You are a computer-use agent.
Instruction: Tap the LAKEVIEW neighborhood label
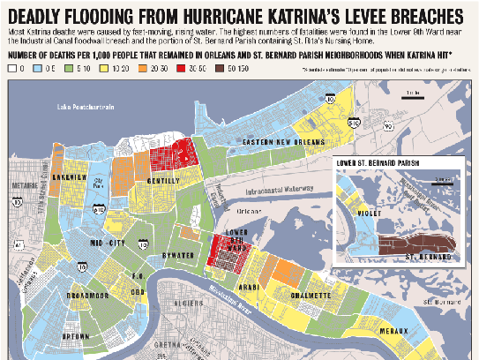pos(68,176)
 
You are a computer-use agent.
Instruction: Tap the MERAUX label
pos(394,331)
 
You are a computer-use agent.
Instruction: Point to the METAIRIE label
pos(18,186)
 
